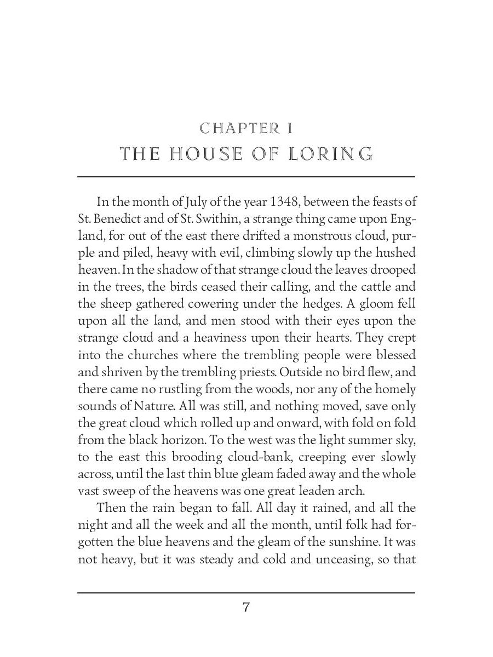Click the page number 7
246,607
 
